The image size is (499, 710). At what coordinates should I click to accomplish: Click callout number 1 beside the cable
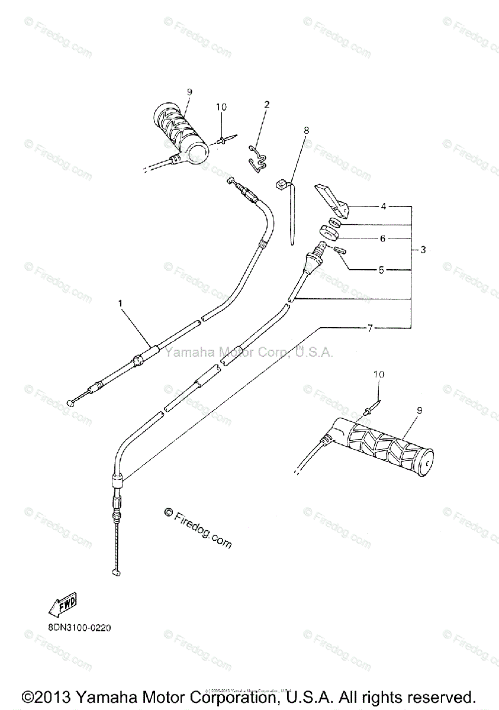click(120, 304)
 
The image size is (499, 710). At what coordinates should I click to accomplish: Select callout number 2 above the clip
click(266, 105)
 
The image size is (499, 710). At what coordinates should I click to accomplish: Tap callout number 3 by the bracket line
click(423, 250)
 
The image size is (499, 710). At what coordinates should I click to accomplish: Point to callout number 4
click(383, 206)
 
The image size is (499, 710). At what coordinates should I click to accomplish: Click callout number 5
click(381, 270)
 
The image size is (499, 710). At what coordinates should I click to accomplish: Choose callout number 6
click(382, 238)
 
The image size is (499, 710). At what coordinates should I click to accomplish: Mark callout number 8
click(306, 128)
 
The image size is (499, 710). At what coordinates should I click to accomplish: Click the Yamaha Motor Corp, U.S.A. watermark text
click(249, 353)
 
